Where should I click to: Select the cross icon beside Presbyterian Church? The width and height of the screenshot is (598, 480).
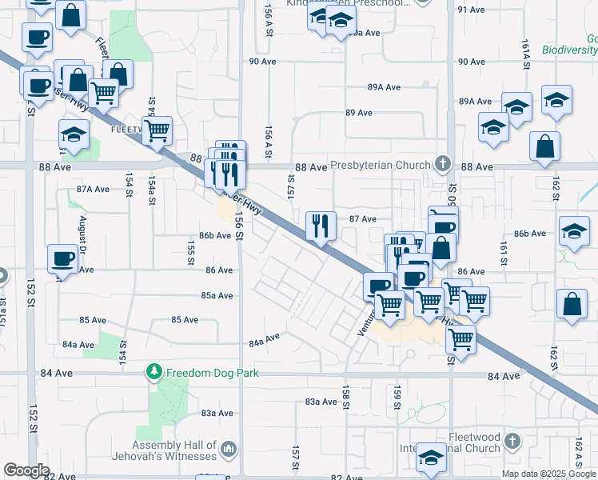441,164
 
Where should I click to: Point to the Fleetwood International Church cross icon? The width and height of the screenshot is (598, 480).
513,442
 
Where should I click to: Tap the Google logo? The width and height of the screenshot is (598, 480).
26,470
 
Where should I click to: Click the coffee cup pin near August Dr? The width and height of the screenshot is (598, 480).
62,258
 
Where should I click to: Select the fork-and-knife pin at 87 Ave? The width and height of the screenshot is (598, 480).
321,225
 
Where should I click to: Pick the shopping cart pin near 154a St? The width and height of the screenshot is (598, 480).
157,130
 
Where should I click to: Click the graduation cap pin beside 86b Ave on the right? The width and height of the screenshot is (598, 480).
573,230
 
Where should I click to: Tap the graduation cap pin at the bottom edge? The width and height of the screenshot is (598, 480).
431,458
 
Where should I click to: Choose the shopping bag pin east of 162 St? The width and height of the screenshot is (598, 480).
572,306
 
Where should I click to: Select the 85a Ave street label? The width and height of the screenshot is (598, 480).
217,295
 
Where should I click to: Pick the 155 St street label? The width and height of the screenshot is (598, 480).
191,250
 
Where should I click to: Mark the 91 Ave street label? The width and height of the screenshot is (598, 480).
472,10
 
